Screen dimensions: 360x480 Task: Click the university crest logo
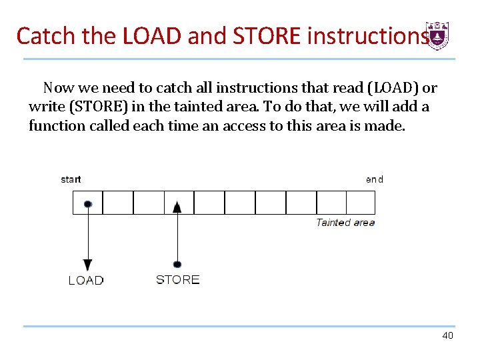[438, 36]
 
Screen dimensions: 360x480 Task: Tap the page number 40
[447, 335]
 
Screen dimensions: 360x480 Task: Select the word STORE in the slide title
[266, 36]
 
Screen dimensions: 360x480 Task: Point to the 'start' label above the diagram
[71, 179]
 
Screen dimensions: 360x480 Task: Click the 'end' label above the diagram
[375, 179]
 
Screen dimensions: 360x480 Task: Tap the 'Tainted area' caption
[345, 223]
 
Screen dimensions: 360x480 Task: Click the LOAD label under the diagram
[86, 280]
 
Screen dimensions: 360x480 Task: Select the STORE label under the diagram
[177, 279]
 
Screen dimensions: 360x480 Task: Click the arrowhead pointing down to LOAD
[88, 265]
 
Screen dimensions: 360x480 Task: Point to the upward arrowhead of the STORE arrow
[177, 207]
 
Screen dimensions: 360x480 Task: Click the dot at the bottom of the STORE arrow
[177, 264]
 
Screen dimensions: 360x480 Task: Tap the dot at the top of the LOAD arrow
[88, 203]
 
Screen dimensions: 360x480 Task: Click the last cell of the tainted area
[361, 202]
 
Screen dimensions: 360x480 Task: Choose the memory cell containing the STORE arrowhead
[179, 202]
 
